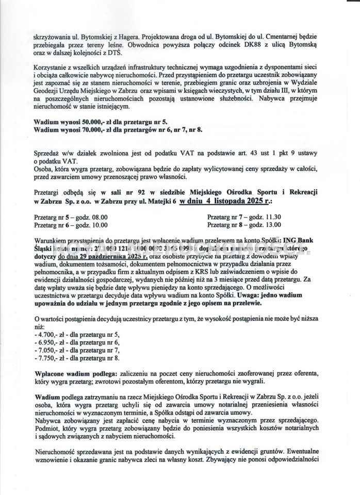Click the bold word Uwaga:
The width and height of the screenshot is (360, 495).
click(250, 295)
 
